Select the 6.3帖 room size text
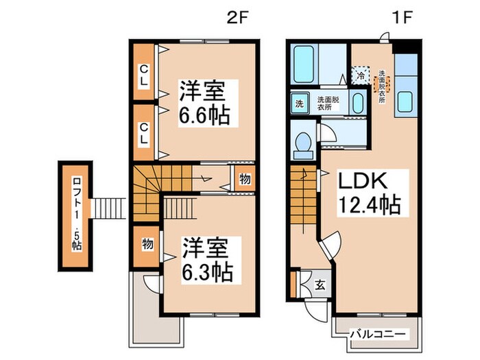point(206,270)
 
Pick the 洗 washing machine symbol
point(299,104)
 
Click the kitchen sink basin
point(404,101)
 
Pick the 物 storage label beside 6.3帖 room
point(147,243)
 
